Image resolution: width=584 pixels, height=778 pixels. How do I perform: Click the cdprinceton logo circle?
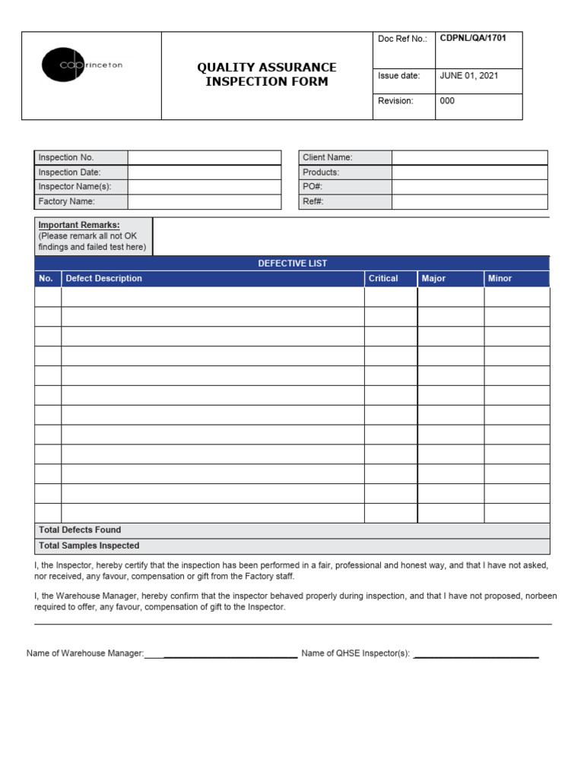pyautogui.click(x=59, y=65)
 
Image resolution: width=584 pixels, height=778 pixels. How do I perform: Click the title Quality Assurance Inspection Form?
pyautogui.click(x=266, y=74)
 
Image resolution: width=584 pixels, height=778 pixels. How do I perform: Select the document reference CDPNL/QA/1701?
pyautogui.click(x=473, y=38)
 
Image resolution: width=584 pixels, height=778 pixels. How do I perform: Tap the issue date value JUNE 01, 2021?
pyautogui.click(x=469, y=76)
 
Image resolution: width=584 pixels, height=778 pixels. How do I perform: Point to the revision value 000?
pyautogui.click(x=447, y=101)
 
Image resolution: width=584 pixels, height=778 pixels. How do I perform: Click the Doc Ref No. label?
pyautogui.click(x=402, y=39)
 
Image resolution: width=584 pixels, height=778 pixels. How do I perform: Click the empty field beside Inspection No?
pyautogui.click(x=204, y=157)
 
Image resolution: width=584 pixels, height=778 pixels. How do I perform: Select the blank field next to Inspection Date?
pyautogui.click(x=204, y=172)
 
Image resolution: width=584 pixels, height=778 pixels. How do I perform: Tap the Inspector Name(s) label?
pyautogui.click(x=75, y=187)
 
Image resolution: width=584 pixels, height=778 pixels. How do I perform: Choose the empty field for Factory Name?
pyautogui.click(x=204, y=202)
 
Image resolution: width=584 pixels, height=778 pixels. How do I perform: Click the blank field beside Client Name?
pyautogui.click(x=469, y=157)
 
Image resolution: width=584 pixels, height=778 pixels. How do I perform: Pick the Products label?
pyautogui.click(x=321, y=172)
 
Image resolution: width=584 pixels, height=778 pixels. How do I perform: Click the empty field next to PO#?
pyautogui.click(x=469, y=187)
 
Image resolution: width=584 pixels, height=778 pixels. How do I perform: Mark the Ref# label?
pyautogui.click(x=313, y=202)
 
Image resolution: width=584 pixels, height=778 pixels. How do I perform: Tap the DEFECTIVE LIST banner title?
pyautogui.click(x=292, y=264)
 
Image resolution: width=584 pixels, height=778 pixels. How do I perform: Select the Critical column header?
pyautogui.click(x=383, y=279)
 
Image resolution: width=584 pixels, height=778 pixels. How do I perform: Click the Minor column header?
pyautogui.click(x=500, y=279)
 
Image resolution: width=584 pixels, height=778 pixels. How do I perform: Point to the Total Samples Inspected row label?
pyautogui.click(x=89, y=546)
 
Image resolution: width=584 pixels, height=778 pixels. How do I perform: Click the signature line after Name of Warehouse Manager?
pyautogui.click(x=230, y=654)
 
